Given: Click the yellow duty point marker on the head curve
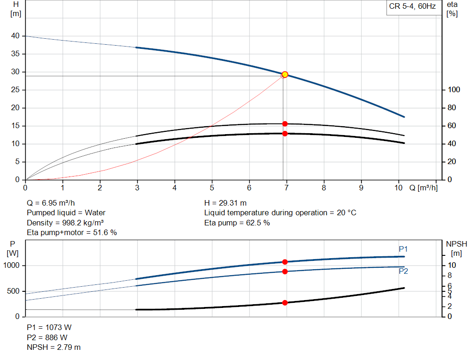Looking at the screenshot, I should [285, 74].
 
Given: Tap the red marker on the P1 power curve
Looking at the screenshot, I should [285, 262].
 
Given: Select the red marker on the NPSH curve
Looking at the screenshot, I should [285, 303].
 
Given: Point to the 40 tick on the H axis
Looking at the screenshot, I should [16, 36].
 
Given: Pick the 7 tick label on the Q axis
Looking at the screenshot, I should [286, 188].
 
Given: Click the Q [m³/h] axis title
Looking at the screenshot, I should [423, 188].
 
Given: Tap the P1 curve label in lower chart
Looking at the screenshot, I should [403, 249].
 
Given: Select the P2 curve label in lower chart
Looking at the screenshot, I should [403, 271].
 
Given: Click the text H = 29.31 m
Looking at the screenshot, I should [226, 203].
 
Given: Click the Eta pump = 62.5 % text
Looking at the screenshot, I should [237, 223].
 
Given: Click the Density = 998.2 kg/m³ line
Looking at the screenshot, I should [65, 223].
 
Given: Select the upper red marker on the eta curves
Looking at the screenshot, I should [285, 124].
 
